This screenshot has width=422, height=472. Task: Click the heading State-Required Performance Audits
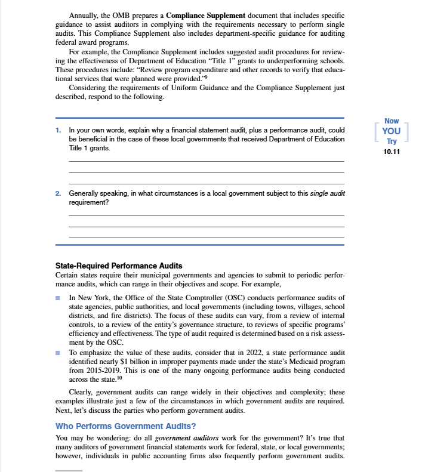coord(119,266)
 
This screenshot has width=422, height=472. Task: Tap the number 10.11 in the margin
coord(392,152)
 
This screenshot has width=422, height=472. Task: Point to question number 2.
coord(58,194)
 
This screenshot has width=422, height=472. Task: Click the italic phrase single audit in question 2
coord(327,194)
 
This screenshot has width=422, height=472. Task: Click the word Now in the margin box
coord(392,121)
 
